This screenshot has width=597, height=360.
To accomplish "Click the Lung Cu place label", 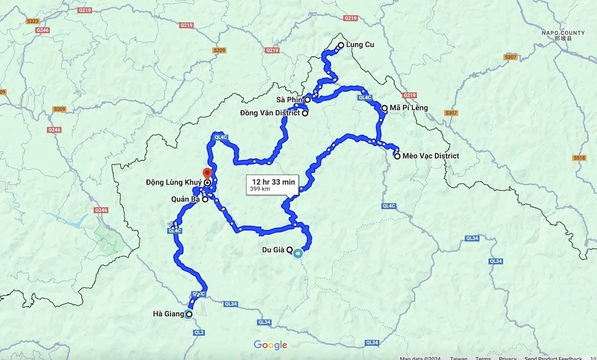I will pyautogui.click(x=360, y=45).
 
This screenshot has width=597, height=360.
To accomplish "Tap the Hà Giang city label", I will pyautogui.click(x=168, y=314).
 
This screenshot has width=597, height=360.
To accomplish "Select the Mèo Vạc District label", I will pyautogui.click(x=431, y=156).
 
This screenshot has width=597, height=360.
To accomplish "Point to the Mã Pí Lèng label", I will pyautogui.click(x=409, y=108).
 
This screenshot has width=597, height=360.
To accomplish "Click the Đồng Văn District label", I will pyautogui.click(x=270, y=113).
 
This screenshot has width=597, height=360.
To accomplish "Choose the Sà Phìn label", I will pyautogui.click(x=289, y=100).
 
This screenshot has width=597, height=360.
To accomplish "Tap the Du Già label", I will pyautogui.click(x=273, y=250).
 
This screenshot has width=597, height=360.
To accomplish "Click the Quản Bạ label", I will pyautogui.click(x=185, y=199).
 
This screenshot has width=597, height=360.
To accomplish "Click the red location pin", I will pyautogui.click(x=207, y=173).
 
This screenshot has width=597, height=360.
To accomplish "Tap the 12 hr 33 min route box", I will pyautogui.click(x=273, y=185).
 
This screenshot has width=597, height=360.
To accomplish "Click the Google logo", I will pyautogui.click(x=270, y=345).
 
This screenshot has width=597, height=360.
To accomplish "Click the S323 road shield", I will pyautogui.click(x=32, y=21).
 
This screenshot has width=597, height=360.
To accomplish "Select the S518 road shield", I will pyautogui.click(x=579, y=158).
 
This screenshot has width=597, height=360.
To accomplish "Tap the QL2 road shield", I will pyautogui.click(x=199, y=332).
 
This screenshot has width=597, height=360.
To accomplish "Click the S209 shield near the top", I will pyautogui.click(x=219, y=50).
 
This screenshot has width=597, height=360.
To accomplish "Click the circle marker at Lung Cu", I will pyautogui.click(x=341, y=45).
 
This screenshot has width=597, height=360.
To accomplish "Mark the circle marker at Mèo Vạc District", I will pyautogui.click(x=397, y=156).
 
